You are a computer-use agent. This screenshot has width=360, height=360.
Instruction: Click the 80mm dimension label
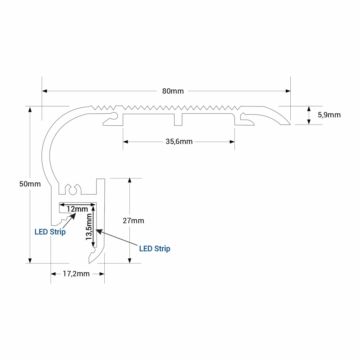173,91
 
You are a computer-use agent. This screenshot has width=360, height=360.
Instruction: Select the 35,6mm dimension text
179,142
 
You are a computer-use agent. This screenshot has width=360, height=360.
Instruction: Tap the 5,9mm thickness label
329,115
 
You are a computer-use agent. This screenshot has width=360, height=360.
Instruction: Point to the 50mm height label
30,184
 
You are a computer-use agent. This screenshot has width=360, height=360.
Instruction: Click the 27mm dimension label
133,221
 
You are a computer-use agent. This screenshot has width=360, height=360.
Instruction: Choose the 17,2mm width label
76,274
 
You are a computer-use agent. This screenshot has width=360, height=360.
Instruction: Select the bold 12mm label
77,209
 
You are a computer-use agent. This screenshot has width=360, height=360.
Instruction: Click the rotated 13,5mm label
89,227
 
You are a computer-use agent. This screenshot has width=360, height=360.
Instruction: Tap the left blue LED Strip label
50,232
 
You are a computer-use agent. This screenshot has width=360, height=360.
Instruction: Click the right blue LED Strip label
154,249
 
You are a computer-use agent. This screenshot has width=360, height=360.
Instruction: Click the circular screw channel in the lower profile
73,190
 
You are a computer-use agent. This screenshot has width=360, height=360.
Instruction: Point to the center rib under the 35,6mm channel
178,120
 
